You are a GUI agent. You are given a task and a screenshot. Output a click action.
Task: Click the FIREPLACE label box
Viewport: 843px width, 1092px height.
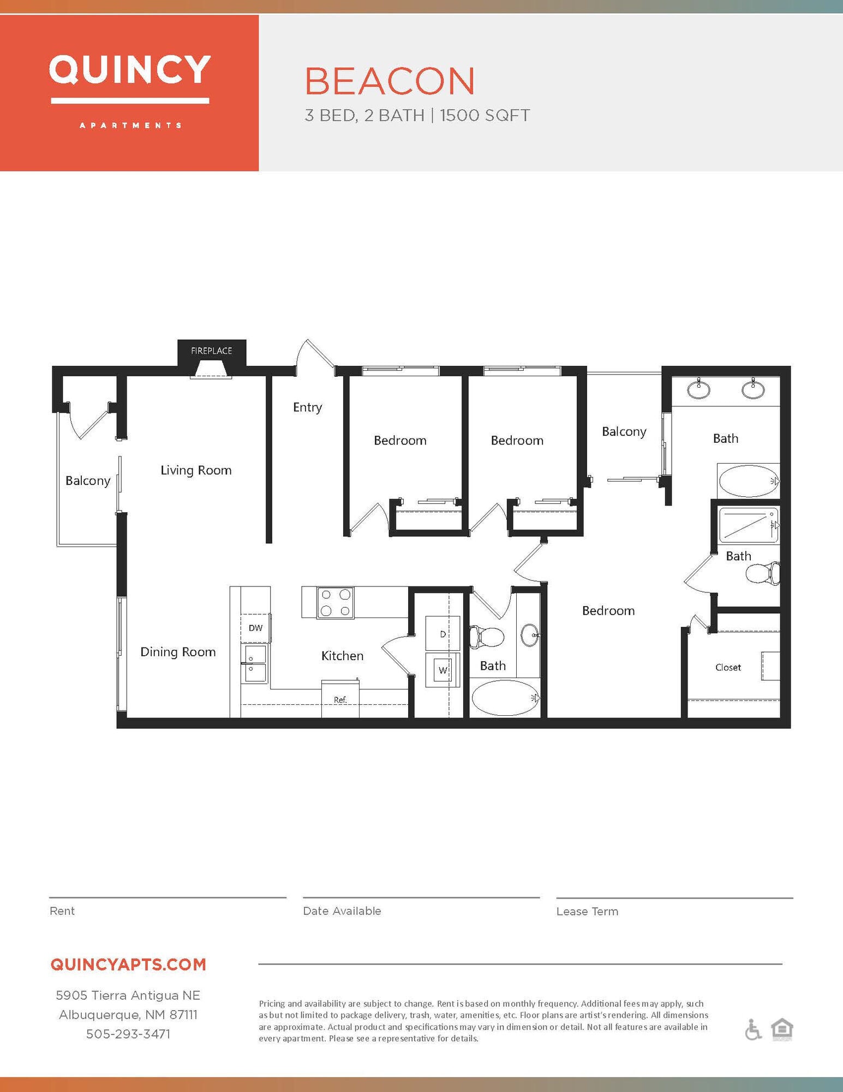[212, 351]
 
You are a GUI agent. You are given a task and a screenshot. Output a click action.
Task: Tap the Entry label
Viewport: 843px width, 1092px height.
[307, 407]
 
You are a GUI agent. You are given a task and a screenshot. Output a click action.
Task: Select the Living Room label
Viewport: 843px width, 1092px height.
[196, 470]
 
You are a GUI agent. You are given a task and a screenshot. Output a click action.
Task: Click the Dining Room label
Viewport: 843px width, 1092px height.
[178, 652]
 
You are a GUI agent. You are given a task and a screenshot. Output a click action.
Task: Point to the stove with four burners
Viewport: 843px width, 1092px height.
[335, 603]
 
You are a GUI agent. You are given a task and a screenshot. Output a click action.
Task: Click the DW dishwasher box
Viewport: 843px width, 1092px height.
[255, 628]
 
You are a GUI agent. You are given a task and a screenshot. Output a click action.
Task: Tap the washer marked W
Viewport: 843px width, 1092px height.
[443, 670]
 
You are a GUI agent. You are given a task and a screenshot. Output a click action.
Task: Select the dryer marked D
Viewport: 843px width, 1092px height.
[443, 633]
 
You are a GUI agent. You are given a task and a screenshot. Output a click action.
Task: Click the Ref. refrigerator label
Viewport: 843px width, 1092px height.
[340, 700]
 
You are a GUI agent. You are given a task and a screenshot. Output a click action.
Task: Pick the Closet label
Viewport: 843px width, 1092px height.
[728, 667]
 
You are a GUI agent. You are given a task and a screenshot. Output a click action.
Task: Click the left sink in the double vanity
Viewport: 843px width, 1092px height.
[698, 389]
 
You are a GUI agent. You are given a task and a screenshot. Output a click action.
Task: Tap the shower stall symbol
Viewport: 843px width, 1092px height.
[748, 525]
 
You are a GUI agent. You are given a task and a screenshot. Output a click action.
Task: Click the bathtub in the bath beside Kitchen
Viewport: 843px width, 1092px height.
[504, 698]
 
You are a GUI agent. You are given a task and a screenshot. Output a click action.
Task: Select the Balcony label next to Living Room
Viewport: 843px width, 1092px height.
[88, 480]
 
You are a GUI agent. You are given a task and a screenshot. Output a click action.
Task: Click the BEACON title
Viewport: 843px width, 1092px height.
[390, 81]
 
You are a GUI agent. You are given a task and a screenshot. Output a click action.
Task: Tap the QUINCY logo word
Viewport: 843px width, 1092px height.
[130, 70]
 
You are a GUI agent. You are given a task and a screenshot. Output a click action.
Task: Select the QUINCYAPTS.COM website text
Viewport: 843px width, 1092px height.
[128, 964]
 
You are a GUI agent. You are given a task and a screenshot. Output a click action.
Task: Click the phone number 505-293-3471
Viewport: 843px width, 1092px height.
[128, 1034]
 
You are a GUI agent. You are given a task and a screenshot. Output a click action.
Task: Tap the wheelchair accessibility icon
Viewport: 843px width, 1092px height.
[753, 1030]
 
